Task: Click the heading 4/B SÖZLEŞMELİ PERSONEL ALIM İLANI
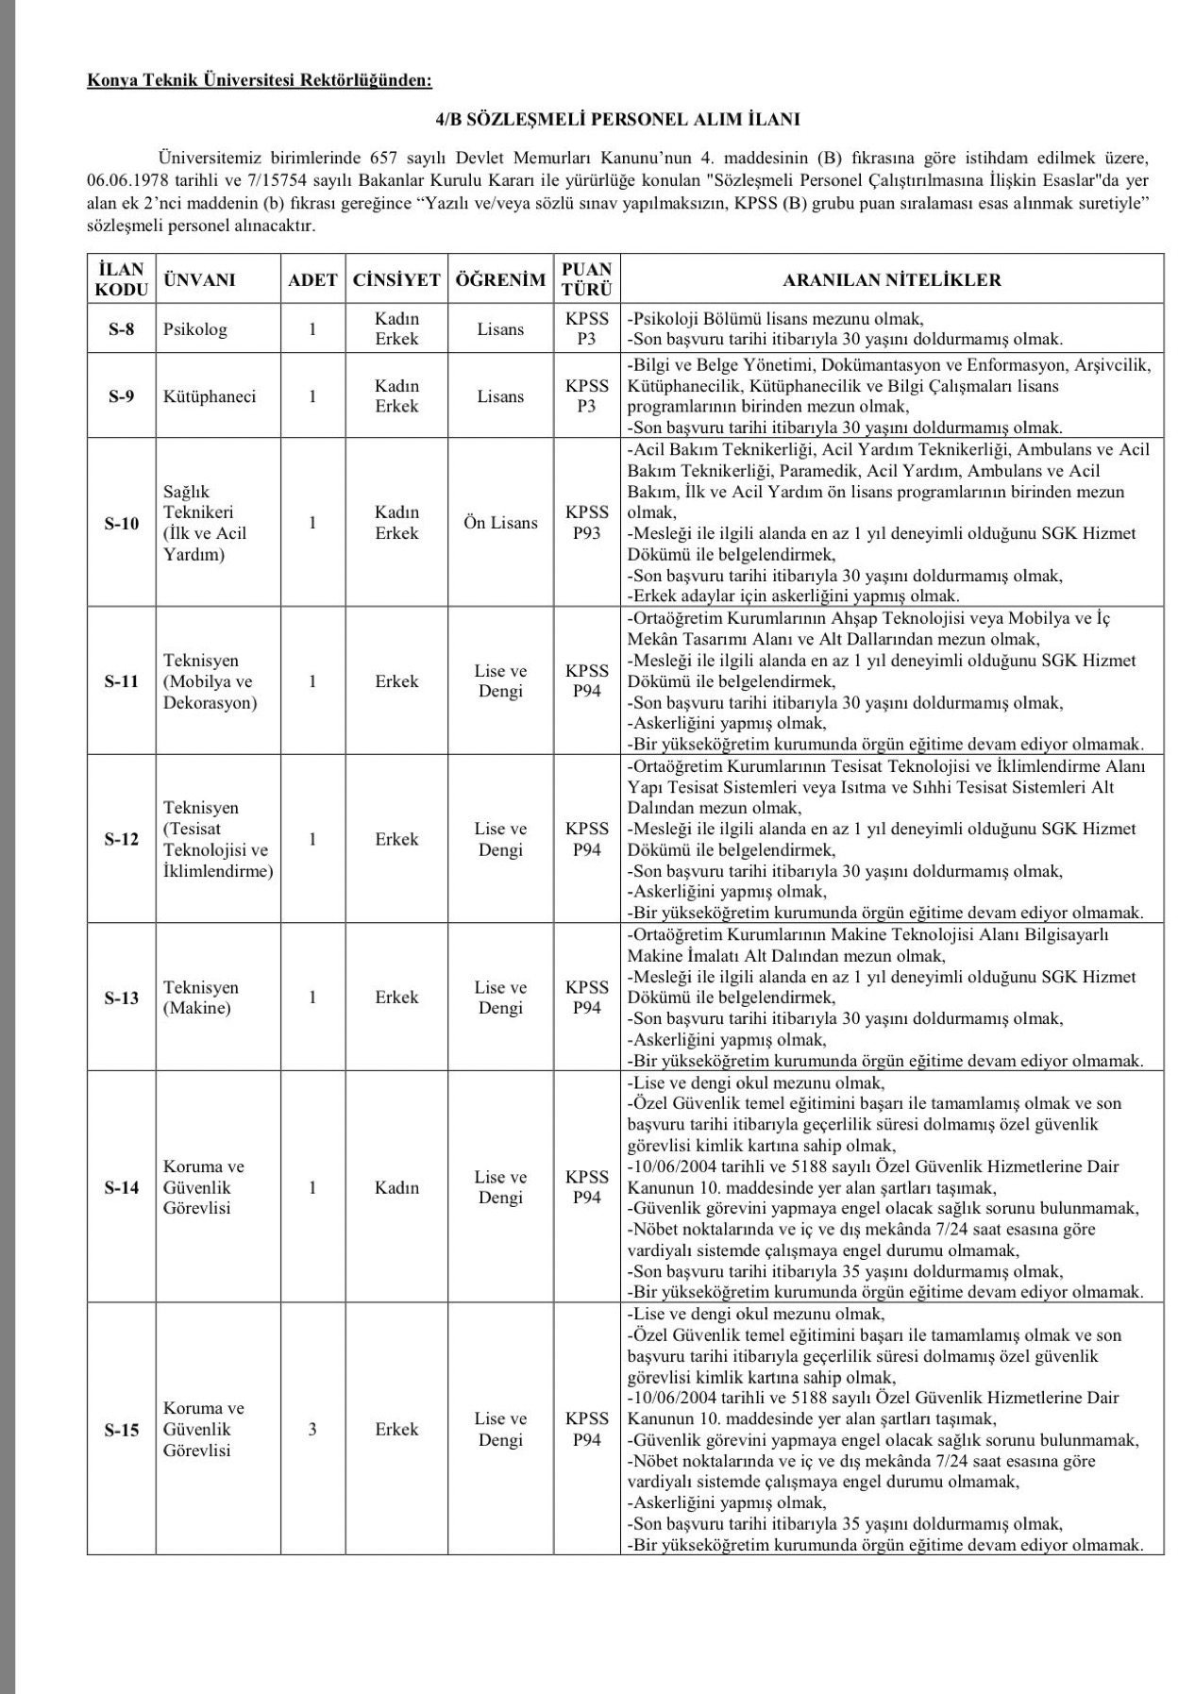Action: (x=617, y=119)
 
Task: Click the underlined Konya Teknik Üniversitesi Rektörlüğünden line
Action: (x=259, y=81)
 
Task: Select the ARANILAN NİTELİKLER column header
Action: (x=891, y=279)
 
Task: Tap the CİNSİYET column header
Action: (x=396, y=279)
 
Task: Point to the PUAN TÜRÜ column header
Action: (x=586, y=279)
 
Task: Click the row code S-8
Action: (x=121, y=329)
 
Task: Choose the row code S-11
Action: (x=121, y=681)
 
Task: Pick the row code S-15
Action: (x=121, y=1430)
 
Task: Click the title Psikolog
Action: (x=195, y=329)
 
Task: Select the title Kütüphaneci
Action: (x=210, y=396)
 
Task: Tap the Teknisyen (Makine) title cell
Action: (x=201, y=998)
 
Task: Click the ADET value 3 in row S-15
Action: (x=312, y=1430)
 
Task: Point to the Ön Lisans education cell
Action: (x=500, y=523)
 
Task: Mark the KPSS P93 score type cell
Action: (x=586, y=523)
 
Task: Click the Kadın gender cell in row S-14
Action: (x=396, y=1187)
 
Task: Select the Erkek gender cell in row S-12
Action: (x=396, y=839)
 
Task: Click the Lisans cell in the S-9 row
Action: (x=500, y=396)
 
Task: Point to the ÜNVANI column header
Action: (x=199, y=279)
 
